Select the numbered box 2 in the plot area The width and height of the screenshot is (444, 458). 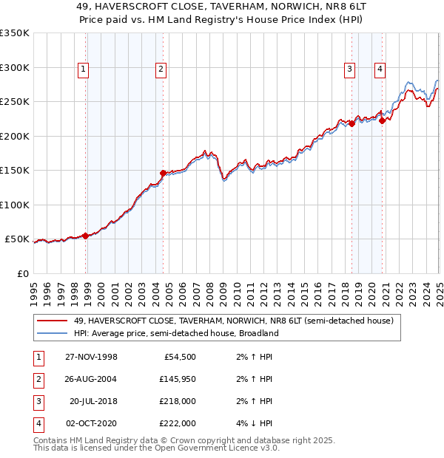(160, 70)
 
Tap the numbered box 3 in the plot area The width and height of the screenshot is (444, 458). (349, 70)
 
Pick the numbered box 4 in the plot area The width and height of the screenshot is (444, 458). (379, 70)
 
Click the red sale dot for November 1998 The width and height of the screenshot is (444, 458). (86, 236)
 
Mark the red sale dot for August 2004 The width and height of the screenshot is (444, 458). (163, 174)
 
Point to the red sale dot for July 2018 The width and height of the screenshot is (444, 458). (352, 123)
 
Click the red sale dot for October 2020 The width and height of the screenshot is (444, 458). (382, 120)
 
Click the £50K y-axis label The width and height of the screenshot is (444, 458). (17, 239)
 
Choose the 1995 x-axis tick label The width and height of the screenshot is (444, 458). (34, 289)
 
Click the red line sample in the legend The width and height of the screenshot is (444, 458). (53, 321)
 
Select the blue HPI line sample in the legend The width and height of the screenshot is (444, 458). (53, 333)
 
